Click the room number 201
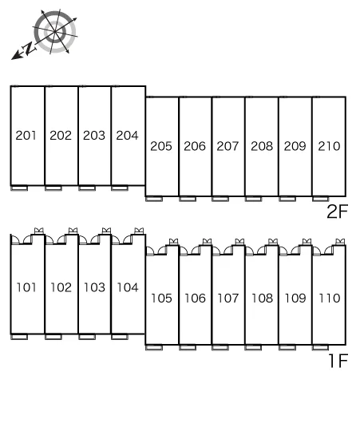[26, 135]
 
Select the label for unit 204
[127, 135]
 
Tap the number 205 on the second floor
[161, 146]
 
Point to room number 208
[262, 146]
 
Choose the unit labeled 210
[329, 146]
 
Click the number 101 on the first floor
[26, 287]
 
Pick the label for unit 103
[94, 287]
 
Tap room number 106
[195, 298]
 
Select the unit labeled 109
[295, 298]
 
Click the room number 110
[329, 298]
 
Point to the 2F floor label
[337, 211]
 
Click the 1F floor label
[338, 361]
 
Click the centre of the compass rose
[55, 32]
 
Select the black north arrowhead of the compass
[16, 56]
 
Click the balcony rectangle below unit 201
[19, 188]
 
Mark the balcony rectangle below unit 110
[320, 347]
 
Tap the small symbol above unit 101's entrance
[39, 231]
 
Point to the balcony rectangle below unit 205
[154, 199]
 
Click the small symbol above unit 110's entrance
[340, 242]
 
